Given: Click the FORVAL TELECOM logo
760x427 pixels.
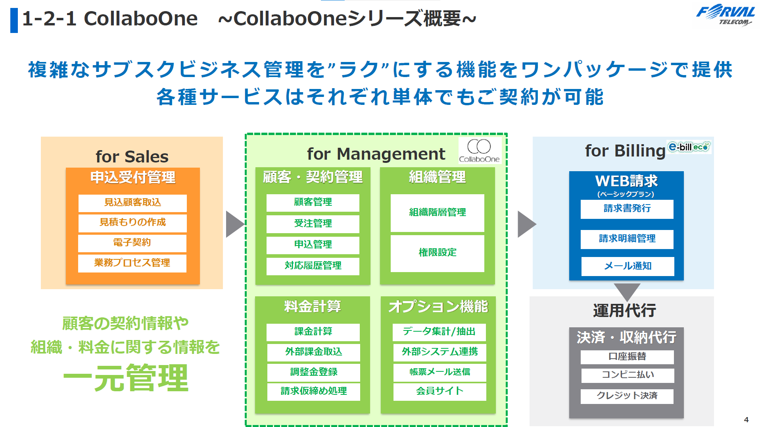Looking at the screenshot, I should [x=725, y=16].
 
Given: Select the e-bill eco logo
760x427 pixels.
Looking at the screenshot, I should [x=689, y=147].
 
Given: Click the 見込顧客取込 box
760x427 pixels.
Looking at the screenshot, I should [x=132, y=203].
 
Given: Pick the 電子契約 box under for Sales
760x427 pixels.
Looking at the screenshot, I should [x=132, y=243].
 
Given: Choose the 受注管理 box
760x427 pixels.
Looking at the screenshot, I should [x=313, y=224].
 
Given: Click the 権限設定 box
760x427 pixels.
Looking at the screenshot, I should [x=437, y=253].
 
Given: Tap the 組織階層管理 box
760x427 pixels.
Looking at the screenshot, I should [x=437, y=213].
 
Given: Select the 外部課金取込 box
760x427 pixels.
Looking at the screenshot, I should [x=313, y=352].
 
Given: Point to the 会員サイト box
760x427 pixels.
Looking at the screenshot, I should [x=439, y=391].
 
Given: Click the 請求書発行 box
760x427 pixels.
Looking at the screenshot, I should [x=627, y=209].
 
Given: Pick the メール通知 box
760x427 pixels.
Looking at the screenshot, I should [x=628, y=266].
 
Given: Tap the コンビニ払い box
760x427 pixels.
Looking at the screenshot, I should [x=628, y=375].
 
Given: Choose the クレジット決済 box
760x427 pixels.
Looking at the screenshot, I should [x=627, y=396].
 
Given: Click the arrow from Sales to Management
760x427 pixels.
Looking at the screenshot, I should [x=234, y=224].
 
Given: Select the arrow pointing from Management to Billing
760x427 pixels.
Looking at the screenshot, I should [x=526, y=224].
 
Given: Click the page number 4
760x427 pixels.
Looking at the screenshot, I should [x=746, y=419].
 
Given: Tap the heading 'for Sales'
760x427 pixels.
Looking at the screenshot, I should [x=132, y=157].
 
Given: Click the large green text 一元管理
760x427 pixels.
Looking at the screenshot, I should [x=126, y=378].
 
